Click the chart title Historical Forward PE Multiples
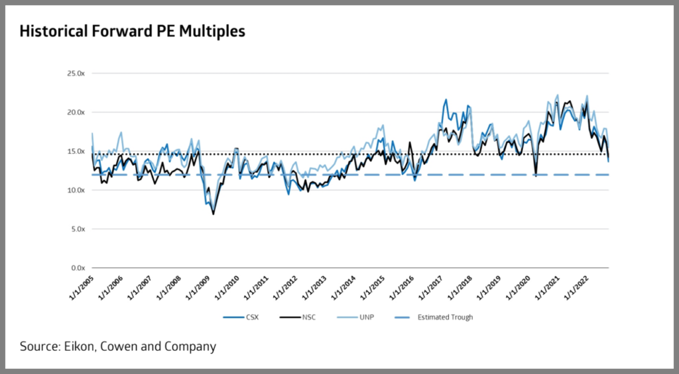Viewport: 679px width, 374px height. [x=132, y=32]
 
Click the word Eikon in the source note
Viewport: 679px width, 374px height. [x=78, y=346]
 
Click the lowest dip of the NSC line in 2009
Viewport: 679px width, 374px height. [x=213, y=214]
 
